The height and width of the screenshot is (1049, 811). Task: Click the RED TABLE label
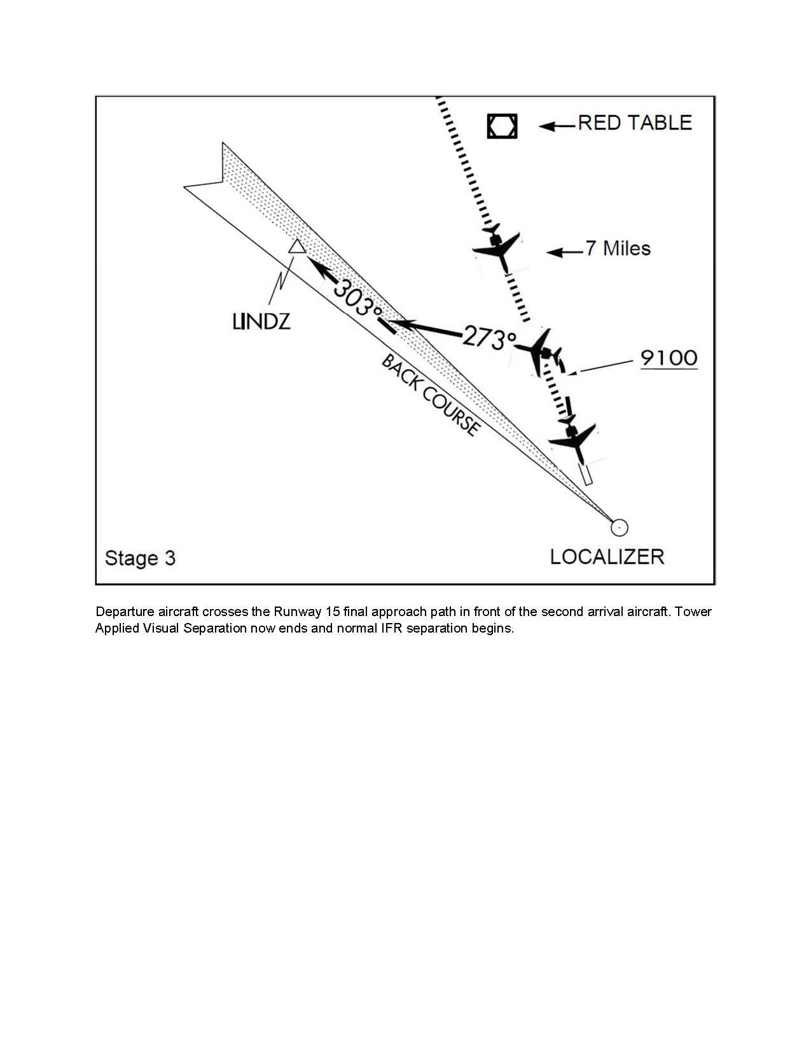pos(634,123)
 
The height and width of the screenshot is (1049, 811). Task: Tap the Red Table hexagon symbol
pos(502,126)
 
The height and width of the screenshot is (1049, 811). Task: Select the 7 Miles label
pos(618,249)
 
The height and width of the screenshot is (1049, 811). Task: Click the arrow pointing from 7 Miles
pos(565,252)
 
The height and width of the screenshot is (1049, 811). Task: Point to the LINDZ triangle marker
pos(296,247)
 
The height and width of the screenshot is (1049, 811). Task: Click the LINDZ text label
pos(261,322)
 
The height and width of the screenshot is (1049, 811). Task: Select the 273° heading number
pos(489,337)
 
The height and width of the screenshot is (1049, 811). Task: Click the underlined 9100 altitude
pos(669,358)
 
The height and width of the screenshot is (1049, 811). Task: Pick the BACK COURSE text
pos(430,395)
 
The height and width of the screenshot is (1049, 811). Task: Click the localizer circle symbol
pos(619,527)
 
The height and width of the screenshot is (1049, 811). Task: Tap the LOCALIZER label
pos(607,557)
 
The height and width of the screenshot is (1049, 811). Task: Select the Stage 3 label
pos(140,558)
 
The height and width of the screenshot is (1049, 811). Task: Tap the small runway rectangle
pos(585,474)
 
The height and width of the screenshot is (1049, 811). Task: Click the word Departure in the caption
pos(124,612)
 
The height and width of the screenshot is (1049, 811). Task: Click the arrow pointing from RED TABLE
pos(557,126)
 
